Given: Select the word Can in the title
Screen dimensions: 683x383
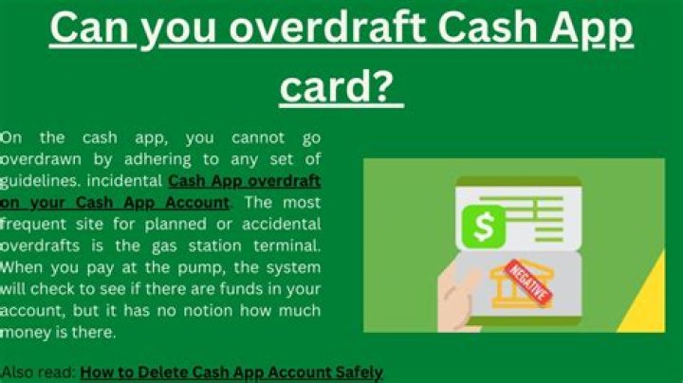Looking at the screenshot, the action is click(x=90, y=27).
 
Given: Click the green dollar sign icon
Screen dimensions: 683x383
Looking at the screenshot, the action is click(x=484, y=227).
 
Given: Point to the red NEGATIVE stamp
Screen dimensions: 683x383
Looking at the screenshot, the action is click(x=528, y=283).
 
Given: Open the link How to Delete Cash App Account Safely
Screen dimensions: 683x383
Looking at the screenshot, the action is click(x=231, y=373).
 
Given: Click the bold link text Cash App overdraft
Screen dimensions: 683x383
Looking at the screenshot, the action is click(x=245, y=181).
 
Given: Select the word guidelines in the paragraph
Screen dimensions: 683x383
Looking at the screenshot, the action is click(x=40, y=181).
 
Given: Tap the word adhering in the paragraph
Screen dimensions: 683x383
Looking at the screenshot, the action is click(x=157, y=159).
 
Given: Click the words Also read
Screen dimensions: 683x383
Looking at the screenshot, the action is click(x=38, y=373).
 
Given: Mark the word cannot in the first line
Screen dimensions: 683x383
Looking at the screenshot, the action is click(x=258, y=138).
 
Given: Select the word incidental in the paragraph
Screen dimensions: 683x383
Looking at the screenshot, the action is click(x=124, y=181).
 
